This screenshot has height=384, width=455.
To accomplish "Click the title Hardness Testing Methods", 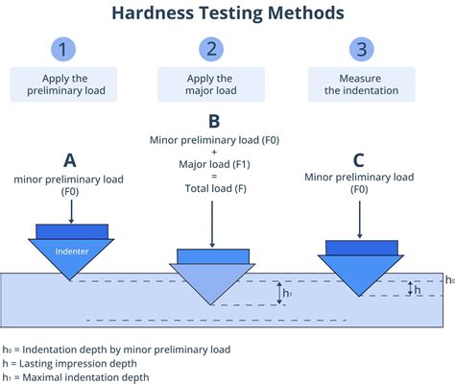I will pyautogui.click(x=227, y=13).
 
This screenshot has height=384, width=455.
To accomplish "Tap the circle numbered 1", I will pyautogui.click(x=64, y=49).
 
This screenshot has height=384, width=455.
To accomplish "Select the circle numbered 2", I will pyautogui.click(x=210, y=49).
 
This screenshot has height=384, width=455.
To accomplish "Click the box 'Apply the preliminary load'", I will pyautogui.click(x=64, y=85).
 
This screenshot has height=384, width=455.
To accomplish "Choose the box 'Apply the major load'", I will pyautogui.click(x=210, y=85).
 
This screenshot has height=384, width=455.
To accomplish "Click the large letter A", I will pyautogui.click(x=70, y=159).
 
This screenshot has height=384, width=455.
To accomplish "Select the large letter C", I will pyautogui.click(x=358, y=158).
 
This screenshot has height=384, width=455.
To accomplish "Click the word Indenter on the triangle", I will pyautogui.click(x=71, y=251).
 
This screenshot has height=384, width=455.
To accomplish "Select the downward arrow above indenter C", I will pyautogui.click(x=358, y=219).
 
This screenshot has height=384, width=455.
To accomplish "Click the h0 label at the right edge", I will pyautogui.click(x=448, y=279).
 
